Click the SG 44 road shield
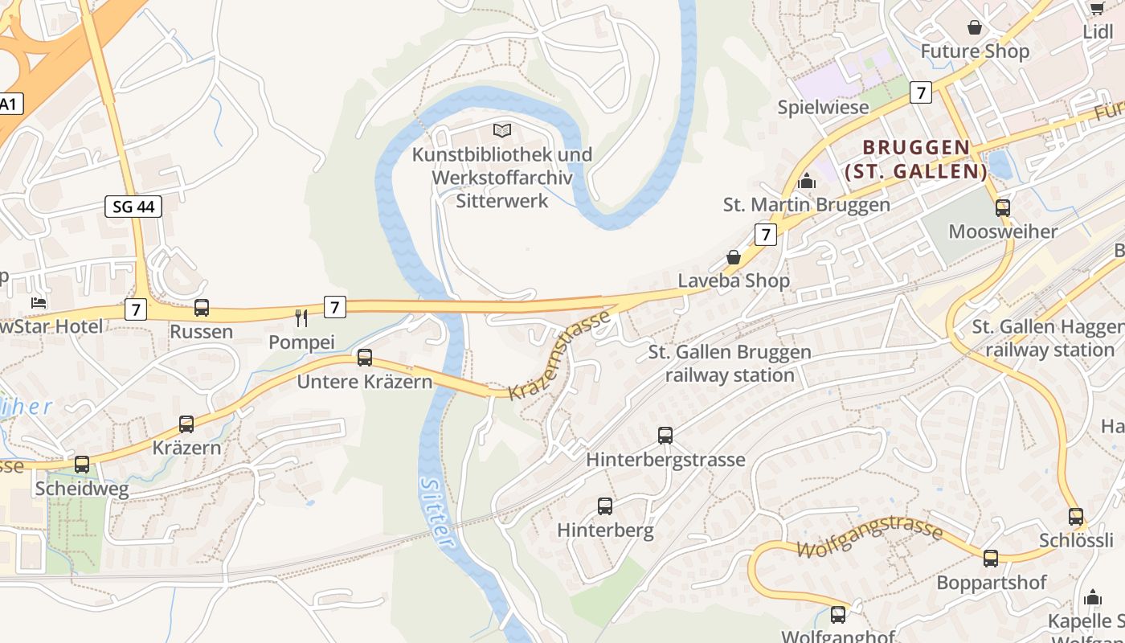coord(133,207)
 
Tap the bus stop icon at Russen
coord(202,307)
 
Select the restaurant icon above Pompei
coord(301,318)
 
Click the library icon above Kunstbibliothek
coord(502,130)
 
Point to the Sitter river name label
coord(436,514)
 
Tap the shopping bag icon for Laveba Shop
coord(734,257)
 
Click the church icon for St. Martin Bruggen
coord(807,181)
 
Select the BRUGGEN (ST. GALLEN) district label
coord(916,159)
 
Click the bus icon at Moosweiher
coord(1003,208)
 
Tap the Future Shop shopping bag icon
coord(975,28)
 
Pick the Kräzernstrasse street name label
coord(560,356)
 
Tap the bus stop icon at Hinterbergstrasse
coord(665,436)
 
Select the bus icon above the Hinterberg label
coord(605,506)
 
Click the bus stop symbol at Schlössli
coord(1076,517)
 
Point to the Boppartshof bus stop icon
coord(991,559)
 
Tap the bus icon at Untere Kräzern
coord(365,358)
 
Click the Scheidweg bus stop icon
coord(82,465)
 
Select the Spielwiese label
coord(823,107)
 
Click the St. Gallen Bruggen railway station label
coord(730,363)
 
